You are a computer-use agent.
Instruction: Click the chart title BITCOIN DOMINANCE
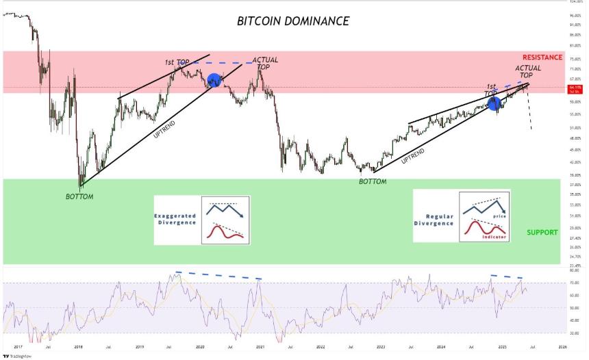pyautogui.click(x=292, y=21)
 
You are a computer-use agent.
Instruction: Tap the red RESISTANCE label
pyautogui.click(x=542, y=57)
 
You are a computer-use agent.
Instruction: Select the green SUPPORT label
pyautogui.click(x=542, y=232)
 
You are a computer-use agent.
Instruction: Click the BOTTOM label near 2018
pyautogui.click(x=79, y=196)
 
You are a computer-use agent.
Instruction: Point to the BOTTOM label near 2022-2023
pyautogui.click(x=373, y=181)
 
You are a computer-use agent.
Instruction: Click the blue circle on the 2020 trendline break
pyautogui.click(x=214, y=80)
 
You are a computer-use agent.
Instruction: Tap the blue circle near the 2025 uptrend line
pyautogui.click(x=493, y=103)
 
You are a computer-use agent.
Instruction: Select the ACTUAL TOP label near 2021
pyautogui.click(x=265, y=64)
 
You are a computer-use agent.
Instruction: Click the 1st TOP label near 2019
pyautogui.click(x=177, y=62)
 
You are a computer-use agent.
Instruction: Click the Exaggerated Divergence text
pyautogui.click(x=175, y=219)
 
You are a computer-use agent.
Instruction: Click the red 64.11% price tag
pyautogui.click(x=575, y=89)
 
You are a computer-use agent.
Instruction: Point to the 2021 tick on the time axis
pyautogui.click(x=261, y=347)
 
